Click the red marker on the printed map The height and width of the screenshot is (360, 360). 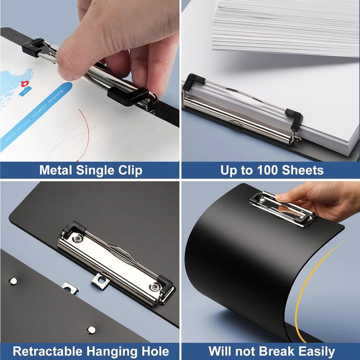24,83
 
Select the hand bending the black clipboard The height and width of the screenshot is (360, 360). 324,198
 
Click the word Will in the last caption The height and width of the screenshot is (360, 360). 222,351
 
